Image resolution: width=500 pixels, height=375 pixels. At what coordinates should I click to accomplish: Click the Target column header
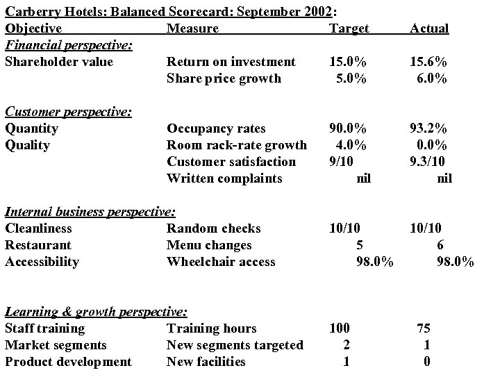tap(349, 28)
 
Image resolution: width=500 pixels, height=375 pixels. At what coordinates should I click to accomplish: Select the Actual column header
tap(429, 28)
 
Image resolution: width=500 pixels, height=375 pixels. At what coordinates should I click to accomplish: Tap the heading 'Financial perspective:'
tap(69, 45)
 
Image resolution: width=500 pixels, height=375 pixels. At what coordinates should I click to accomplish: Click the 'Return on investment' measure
tap(231, 62)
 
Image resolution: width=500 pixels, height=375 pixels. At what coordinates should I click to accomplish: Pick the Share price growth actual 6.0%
tap(432, 78)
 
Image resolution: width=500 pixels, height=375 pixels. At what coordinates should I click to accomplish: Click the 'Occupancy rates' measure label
tap(215, 128)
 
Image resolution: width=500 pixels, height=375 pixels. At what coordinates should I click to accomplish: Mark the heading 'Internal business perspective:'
tap(90, 212)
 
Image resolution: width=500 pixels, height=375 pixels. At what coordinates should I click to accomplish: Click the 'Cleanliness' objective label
tap(38, 228)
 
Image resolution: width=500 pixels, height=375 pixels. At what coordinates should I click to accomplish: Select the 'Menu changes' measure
tap(209, 245)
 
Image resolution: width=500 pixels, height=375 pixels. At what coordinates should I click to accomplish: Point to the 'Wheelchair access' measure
tap(221, 262)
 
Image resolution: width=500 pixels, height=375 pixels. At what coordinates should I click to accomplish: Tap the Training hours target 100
tap(339, 328)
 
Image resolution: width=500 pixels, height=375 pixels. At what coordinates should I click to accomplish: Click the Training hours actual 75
tap(424, 328)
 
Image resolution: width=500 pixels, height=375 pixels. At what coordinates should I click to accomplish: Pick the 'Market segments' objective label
tap(56, 345)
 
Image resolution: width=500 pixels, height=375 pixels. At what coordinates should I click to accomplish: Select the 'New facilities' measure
tap(206, 362)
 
